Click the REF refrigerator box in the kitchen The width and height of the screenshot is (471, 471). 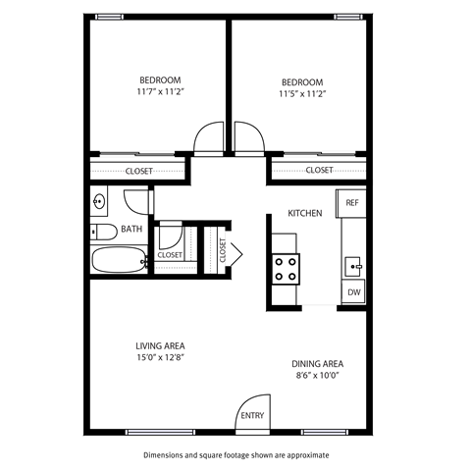352,203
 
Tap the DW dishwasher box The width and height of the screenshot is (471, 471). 352,292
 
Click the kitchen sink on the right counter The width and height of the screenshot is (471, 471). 353,265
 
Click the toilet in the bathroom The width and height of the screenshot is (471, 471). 100,232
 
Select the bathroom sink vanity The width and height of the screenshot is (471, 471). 99,203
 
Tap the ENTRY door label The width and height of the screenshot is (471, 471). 252,416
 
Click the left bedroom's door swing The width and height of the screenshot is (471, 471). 210,140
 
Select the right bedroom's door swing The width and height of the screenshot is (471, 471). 248,140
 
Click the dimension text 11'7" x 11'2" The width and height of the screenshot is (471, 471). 159,91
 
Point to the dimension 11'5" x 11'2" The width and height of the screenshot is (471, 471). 301,94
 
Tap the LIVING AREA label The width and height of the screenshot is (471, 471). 160,345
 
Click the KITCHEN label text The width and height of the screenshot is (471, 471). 304,214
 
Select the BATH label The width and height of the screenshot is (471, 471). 131,230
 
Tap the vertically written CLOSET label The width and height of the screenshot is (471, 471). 223,250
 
